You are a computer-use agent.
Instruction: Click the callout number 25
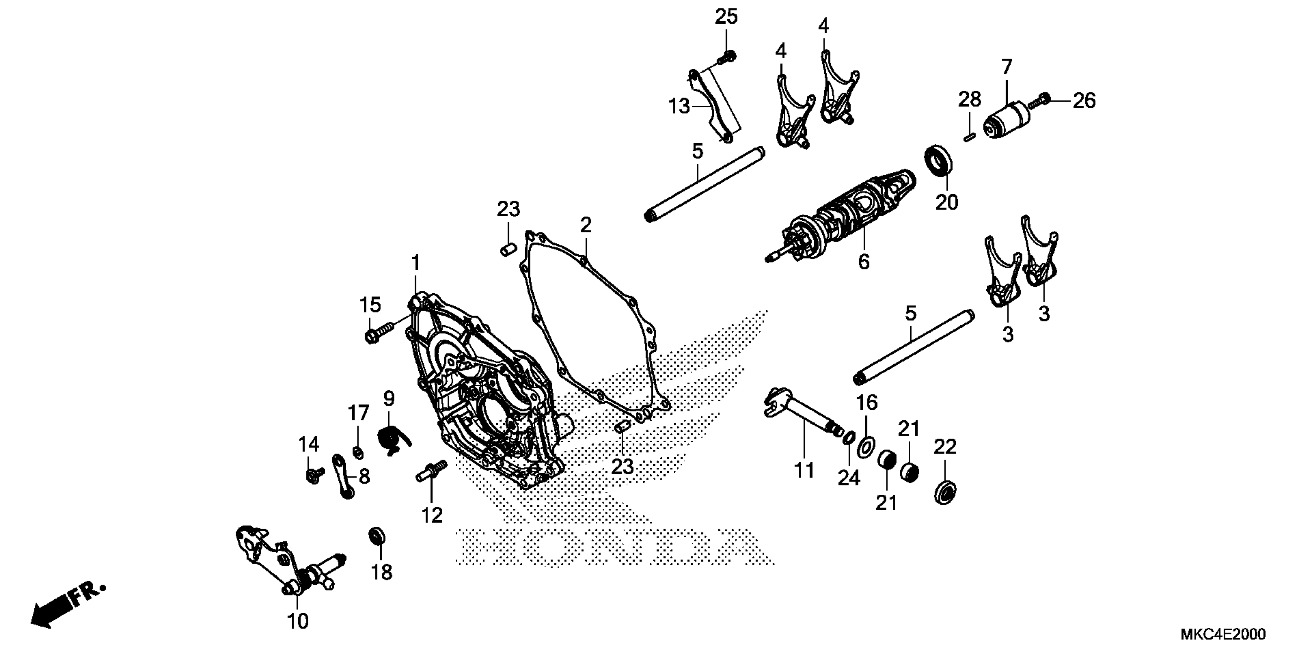point(726,17)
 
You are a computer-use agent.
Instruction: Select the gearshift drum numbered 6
point(845,214)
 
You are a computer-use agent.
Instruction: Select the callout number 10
point(298,621)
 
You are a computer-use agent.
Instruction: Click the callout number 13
point(678,107)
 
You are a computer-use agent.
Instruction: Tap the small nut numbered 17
point(358,451)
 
